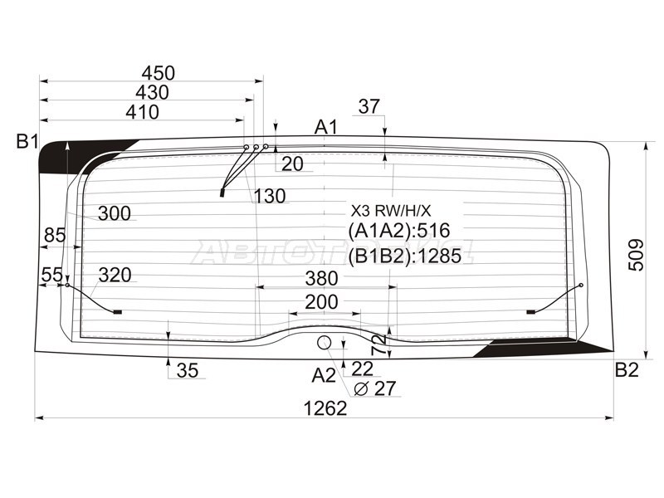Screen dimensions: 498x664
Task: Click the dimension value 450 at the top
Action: point(158,73)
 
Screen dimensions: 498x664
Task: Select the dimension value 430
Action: point(151,92)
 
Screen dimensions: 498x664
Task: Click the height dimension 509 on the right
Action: point(635,256)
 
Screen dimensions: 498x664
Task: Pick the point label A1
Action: point(326,127)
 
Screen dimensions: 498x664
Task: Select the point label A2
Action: point(324,376)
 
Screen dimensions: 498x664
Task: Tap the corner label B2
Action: point(627,369)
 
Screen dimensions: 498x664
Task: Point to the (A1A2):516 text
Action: point(393,231)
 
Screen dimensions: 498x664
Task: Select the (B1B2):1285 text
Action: point(403,256)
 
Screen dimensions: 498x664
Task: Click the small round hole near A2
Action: point(325,342)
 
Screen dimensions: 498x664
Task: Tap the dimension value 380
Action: point(321,278)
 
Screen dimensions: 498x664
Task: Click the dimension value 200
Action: point(321,302)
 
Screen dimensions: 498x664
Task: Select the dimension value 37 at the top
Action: point(369,106)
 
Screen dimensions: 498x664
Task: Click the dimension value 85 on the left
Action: point(54,236)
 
